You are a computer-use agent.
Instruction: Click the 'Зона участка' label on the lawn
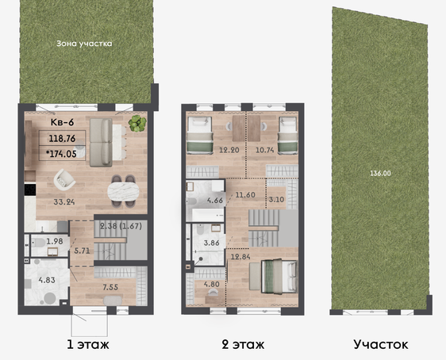[84, 44]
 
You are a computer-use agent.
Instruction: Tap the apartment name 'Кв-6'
[62, 122]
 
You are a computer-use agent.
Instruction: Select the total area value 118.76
[62, 139]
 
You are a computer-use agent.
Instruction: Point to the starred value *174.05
[61, 154]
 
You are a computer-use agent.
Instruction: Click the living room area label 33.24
[64, 202]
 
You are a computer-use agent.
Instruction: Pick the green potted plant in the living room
[137, 124]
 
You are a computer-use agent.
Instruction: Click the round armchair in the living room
[64, 180]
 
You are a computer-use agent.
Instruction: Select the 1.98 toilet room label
[55, 242]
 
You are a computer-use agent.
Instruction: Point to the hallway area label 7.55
[110, 287]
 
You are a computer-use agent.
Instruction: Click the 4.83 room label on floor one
[47, 280]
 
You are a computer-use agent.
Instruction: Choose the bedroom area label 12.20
[229, 150]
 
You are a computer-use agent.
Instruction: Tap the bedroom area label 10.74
[265, 150]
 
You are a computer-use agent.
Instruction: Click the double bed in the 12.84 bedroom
[279, 276]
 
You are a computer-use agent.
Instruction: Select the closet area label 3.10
[276, 200]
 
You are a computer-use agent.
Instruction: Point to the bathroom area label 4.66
[215, 201]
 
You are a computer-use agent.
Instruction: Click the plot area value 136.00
[380, 173]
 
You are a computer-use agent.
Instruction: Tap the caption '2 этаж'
[243, 345]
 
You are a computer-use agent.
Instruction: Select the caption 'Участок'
[381, 344]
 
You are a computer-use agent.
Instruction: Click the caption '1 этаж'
[88, 345]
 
